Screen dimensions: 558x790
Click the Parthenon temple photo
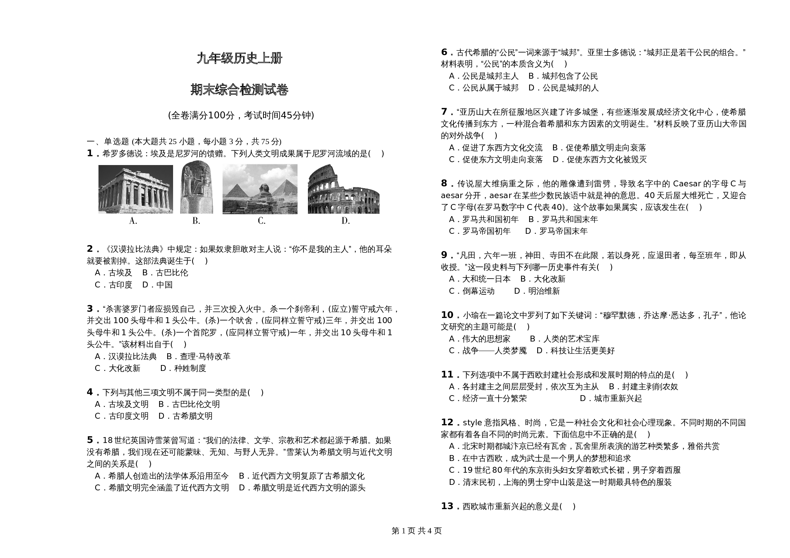[x=136, y=189]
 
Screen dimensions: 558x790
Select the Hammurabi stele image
[x=197, y=187]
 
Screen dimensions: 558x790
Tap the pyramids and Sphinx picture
[x=260, y=189]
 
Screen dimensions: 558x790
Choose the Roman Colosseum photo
[x=343, y=189]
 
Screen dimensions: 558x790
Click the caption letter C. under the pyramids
[x=262, y=221]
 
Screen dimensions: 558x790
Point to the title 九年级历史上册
[x=240, y=58]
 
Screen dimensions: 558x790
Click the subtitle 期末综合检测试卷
[x=240, y=90]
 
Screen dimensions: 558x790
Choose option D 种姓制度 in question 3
[x=183, y=368]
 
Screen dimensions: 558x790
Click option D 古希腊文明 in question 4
[x=186, y=416]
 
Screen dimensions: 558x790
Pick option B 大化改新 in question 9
[x=543, y=279]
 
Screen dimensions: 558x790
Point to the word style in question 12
[x=472, y=423]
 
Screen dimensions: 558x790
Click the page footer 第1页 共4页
[x=417, y=531]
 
